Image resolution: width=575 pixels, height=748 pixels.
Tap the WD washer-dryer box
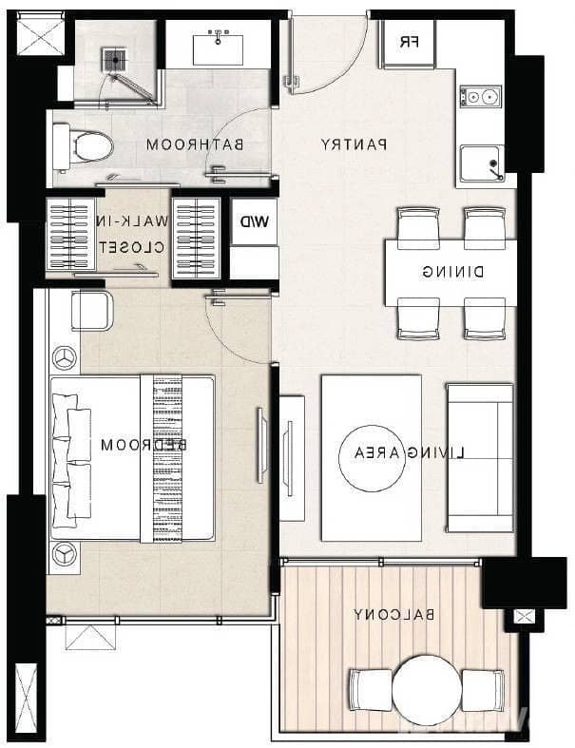click(x=254, y=222)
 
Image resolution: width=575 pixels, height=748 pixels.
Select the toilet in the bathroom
click(x=84, y=146)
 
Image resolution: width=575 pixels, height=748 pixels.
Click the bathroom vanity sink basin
click(x=220, y=43)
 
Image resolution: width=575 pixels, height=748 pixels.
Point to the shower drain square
click(x=116, y=59)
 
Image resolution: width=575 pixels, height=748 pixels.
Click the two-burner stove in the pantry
click(x=481, y=96)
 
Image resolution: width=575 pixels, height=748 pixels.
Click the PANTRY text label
click(x=353, y=145)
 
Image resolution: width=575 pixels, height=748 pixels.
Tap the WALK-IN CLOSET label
click(x=135, y=234)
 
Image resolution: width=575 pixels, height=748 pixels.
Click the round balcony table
click(x=427, y=687)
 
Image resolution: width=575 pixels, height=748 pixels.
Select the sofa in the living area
click(x=480, y=457)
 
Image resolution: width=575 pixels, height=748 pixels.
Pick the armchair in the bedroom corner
click(x=91, y=311)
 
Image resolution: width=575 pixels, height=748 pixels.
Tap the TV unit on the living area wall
click(x=292, y=458)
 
